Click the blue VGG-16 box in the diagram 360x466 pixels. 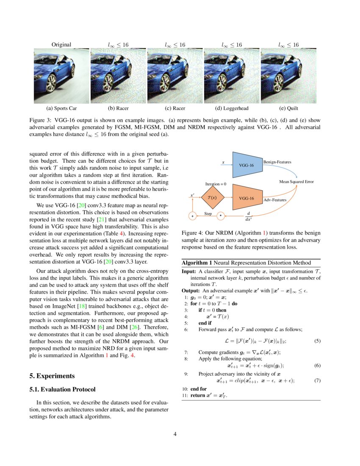(x=246, y=165)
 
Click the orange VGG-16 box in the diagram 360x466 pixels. (x=246, y=198)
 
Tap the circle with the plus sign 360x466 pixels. (x=192, y=216)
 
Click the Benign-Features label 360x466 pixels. (x=277, y=162)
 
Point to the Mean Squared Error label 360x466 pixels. (x=296, y=181)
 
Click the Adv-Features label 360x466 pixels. (x=275, y=200)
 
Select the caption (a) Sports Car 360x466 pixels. (x=61, y=108)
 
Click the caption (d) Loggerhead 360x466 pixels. (x=233, y=108)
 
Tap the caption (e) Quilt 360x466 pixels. (x=288, y=108)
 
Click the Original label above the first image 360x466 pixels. (x=61, y=44)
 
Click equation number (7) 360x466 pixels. (x=317, y=380)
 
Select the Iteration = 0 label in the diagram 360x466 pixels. (x=216, y=184)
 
